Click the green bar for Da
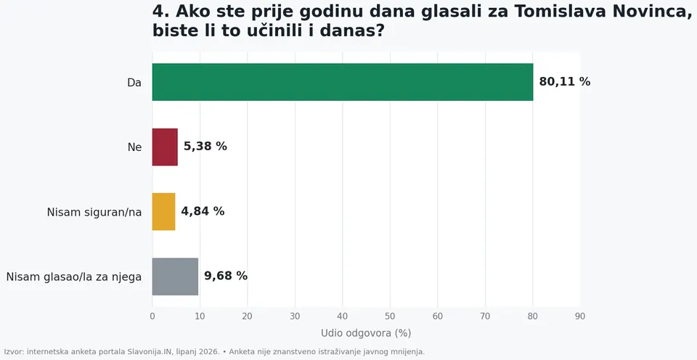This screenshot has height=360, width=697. pyautogui.click(x=343, y=82)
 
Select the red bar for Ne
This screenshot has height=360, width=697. pyautogui.click(x=165, y=147)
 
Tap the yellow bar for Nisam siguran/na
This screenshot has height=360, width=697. pyautogui.click(x=163, y=211)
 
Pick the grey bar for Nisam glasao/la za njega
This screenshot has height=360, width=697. pyautogui.click(x=175, y=277)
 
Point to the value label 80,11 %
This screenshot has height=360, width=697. pyautogui.click(x=565, y=82)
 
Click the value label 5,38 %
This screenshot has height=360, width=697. pyautogui.click(x=205, y=146)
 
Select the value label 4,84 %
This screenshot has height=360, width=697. pyautogui.click(x=203, y=211)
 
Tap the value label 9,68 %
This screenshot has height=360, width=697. pyautogui.click(x=226, y=276)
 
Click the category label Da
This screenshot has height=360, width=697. pyautogui.click(x=134, y=83)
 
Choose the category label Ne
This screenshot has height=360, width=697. pyautogui.click(x=135, y=147)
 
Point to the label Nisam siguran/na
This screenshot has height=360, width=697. pyautogui.click(x=94, y=213)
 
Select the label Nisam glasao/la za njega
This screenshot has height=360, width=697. pyautogui.click(x=74, y=277)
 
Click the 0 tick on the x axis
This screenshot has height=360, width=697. pyautogui.click(x=152, y=316)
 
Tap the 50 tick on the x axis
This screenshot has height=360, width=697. pyautogui.click(x=390, y=316)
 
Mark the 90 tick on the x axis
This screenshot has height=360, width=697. pyautogui.click(x=579, y=316)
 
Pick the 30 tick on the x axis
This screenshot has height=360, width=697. pyautogui.click(x=295, y=316)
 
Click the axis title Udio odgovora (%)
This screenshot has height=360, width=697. pyautogui.click(x=366, y=333)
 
